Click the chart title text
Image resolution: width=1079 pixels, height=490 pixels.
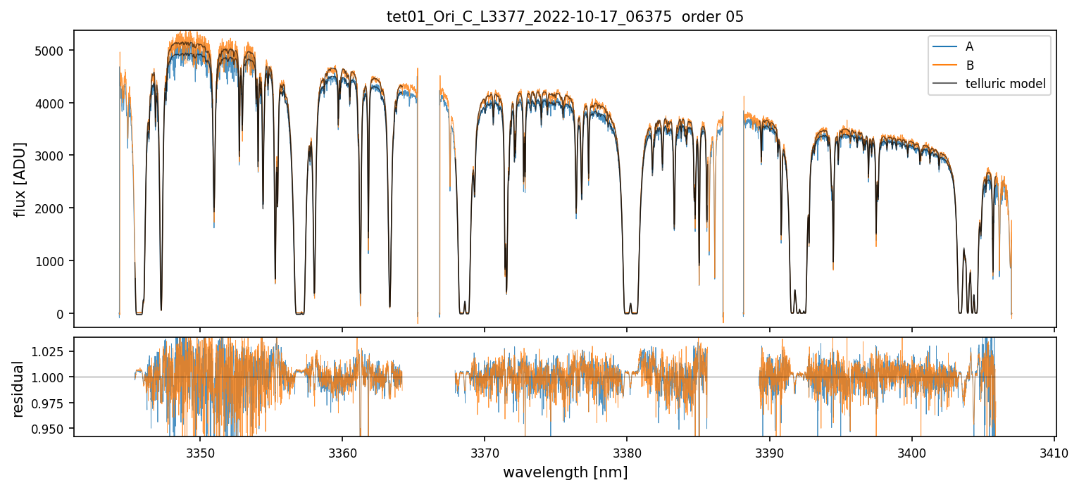565,17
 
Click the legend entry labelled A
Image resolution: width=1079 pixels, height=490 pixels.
969,46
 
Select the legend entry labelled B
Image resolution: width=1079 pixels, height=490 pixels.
969,65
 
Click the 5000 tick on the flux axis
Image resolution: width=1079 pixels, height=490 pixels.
54,51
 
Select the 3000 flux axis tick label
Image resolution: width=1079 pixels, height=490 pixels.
54,156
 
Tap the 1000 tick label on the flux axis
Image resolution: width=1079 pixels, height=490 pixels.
54,261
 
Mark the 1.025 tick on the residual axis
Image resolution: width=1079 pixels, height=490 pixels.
50,351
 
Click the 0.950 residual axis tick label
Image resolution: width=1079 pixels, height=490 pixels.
50,429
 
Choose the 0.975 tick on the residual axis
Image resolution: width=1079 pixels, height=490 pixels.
50,403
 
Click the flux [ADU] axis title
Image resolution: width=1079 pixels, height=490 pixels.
20,179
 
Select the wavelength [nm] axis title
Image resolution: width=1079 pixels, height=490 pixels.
565,472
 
